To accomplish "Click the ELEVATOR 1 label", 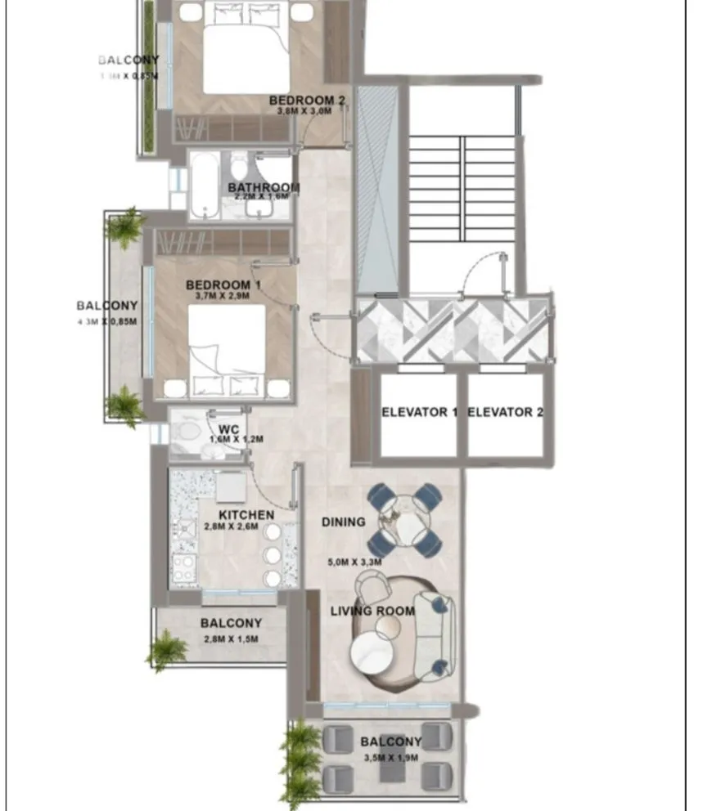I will (x=419, y=412).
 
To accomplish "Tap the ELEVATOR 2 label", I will (x=505, y=412).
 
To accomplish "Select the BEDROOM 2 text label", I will (x=307, y=101).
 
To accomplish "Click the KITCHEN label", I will (x=246, y=515).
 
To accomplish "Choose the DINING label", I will (x=343, y=522).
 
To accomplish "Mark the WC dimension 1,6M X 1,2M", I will (x=237, y=439).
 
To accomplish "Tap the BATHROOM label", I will (x=264, y=187).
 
